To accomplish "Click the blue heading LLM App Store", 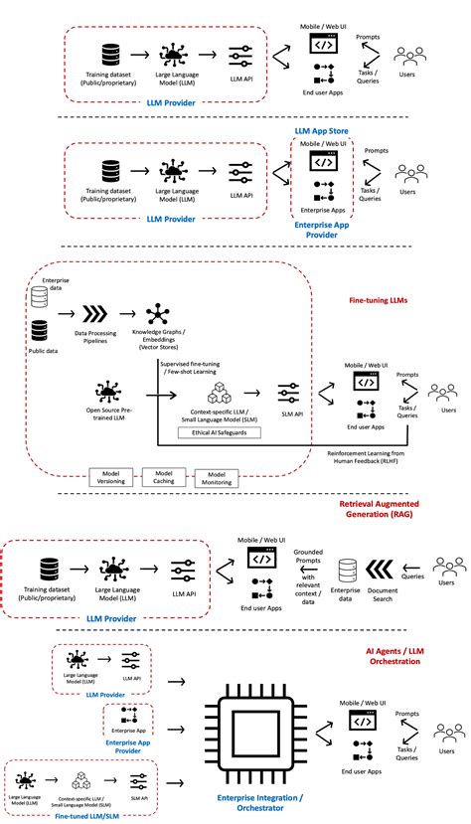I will point(322,130).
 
